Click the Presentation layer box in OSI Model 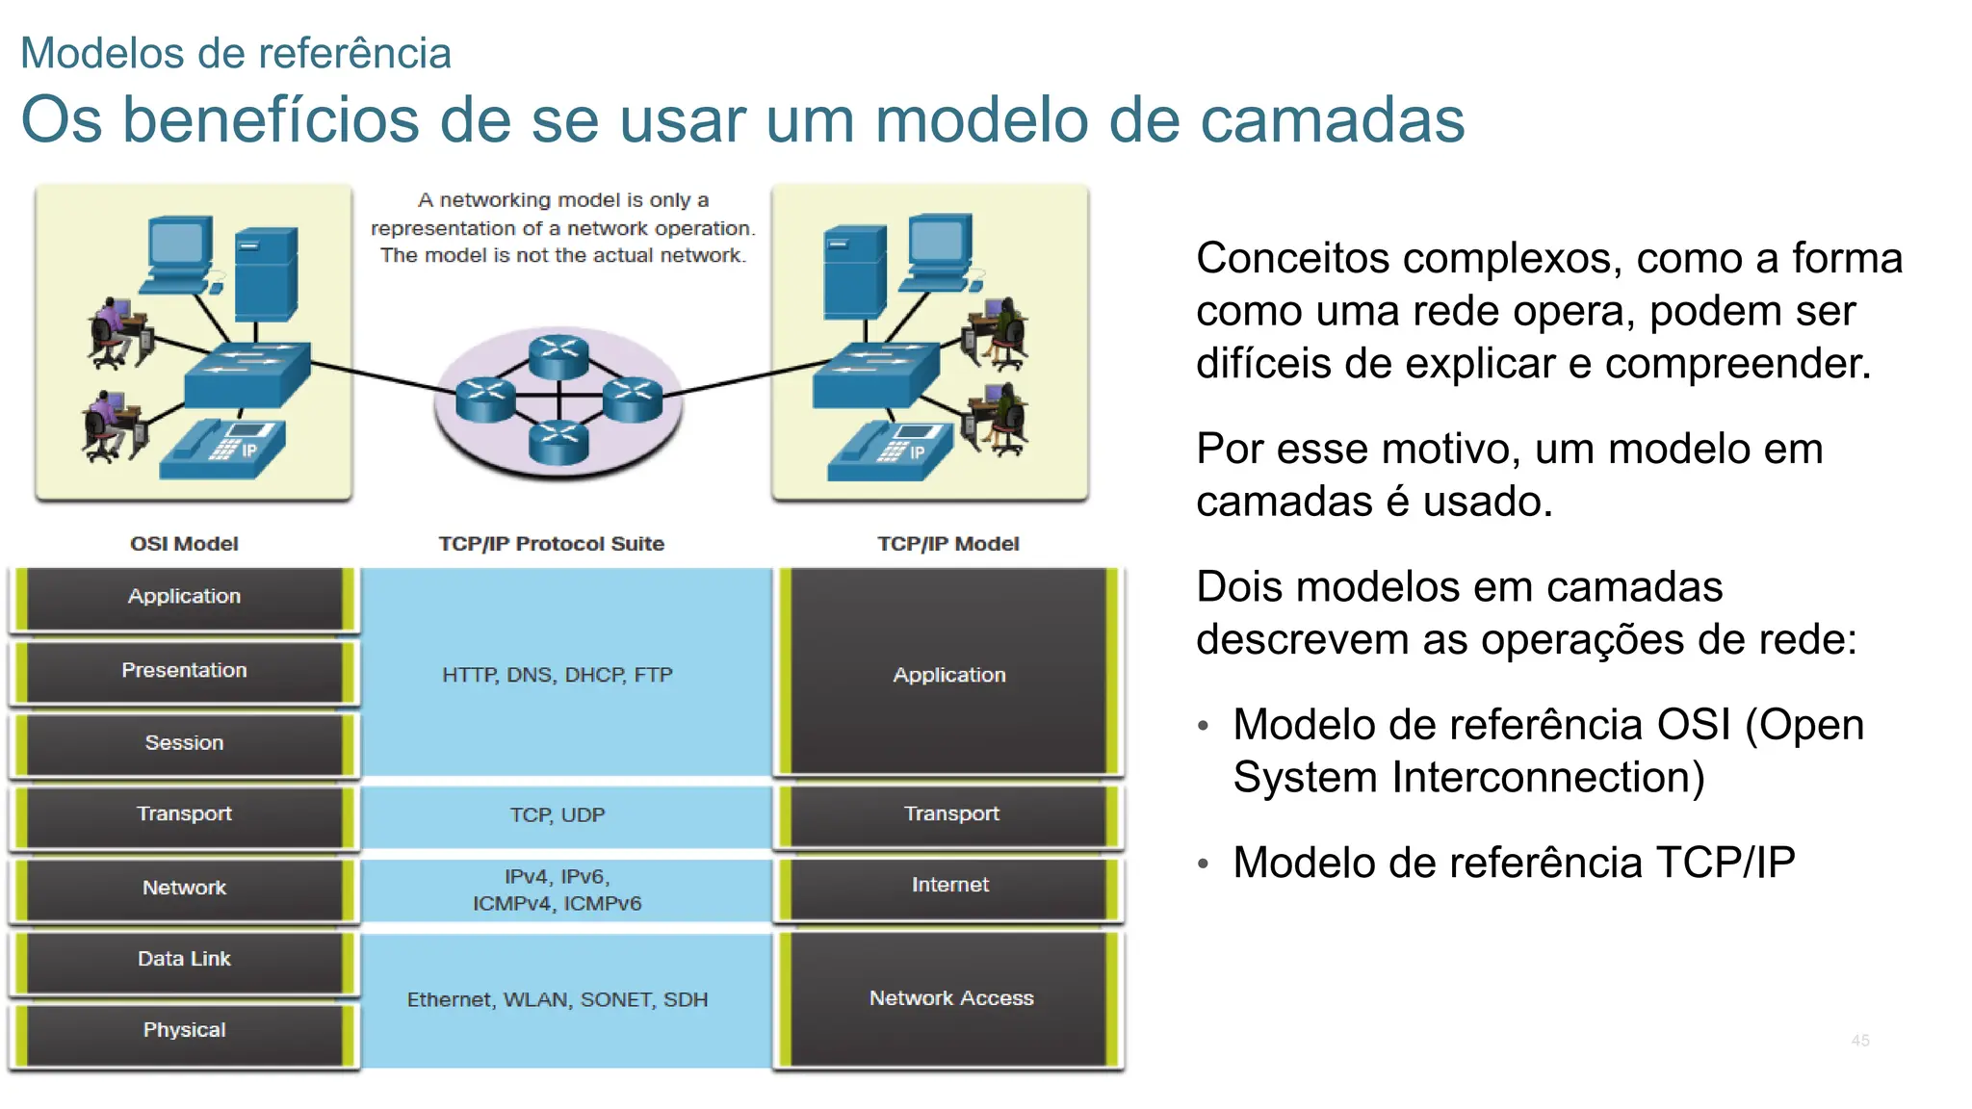(x=184, y=671)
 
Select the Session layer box (x=184, y=743)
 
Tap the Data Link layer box (x=184, y=960)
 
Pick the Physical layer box (x=184, y=1031)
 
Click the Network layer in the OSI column (x=184, y=888)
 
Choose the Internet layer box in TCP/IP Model (x=949, y=886)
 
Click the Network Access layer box (x=949, y=999)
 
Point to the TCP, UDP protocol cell (x=558, y=815)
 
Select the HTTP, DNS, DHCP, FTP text (x=558, y=675)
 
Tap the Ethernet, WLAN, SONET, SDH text (x=558, y=1000)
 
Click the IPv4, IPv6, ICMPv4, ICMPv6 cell (x=558, y=890)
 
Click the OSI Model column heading (x=184, y=544)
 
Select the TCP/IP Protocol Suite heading (x=551, y=544)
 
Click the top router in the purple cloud (x=558, y=354)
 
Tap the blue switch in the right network (x=874, y=375)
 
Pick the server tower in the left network (x=266, y=273)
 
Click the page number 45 (x=1859, y=1041)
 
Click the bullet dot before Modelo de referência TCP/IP (x=1203, y=864)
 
